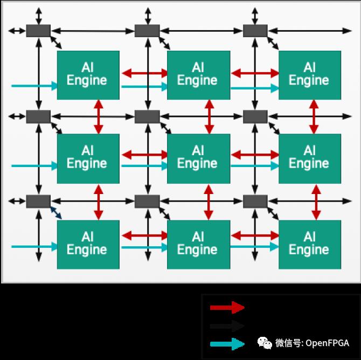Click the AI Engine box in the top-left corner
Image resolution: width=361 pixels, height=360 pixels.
pos(87,75)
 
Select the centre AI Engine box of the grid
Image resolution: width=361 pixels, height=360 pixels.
pos(198,157)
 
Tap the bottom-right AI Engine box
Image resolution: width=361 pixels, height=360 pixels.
pos(309,244)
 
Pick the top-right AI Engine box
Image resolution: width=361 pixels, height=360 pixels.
pos(309,75)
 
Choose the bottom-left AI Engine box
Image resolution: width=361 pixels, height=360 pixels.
pos(87,244)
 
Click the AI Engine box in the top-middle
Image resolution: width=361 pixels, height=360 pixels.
pos(198,75)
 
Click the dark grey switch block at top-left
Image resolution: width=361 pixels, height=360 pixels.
pos(38,31)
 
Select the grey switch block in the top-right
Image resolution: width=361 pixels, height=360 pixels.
pos(255,31)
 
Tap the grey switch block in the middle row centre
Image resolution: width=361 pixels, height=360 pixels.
pos(147,116)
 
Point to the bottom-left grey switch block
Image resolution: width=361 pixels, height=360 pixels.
pos(38,202)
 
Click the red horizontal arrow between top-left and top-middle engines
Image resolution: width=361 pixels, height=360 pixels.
pos(143,73)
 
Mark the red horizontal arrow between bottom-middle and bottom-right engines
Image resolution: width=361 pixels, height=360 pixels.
pos(254,236)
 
